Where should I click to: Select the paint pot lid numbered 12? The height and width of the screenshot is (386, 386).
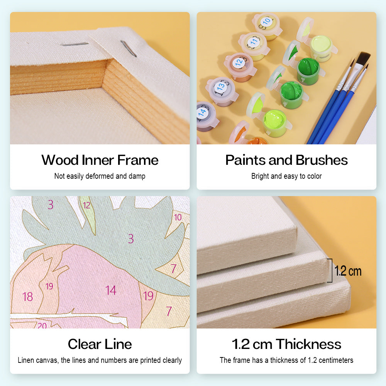pyautogui.click(x=239, y=62)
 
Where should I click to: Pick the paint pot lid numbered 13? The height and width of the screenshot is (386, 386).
pyautogui.click(x=220, y=86)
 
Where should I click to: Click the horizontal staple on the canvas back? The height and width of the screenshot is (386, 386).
pyautogui.click(x=74, y=44)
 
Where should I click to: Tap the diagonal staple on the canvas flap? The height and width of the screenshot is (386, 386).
pyautogui.click(x=129, y=49)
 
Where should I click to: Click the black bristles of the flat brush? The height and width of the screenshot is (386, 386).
pyautogui.click(x=363, y=59)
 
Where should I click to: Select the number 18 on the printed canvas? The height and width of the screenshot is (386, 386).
pyautogui.click(x=27, y=296)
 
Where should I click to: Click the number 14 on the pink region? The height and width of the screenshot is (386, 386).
pyautogui.click(x=111, y=290)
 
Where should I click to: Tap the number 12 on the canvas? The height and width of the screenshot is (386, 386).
pyautogui.click(x=86, y=205)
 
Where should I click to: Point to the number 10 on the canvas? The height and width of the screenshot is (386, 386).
pyautogui.click(x=178, y=217)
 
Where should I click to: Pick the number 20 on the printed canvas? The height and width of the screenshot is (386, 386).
pyautogui.click(x=42, y=325)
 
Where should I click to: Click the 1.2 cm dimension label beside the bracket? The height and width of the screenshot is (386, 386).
pyautogui.click(x=348, y=271)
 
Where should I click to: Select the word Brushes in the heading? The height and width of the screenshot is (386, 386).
pyautogui.click(x=322, y=160)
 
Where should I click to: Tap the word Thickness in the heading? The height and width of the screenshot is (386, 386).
pyautogui.click(x=308, y=344)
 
